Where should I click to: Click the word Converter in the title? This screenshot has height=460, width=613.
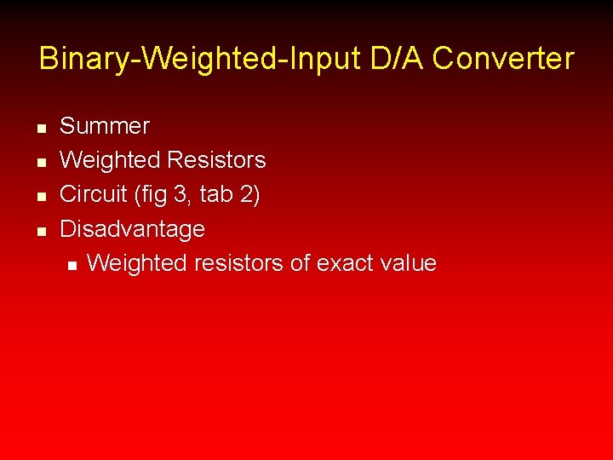pos(503,60)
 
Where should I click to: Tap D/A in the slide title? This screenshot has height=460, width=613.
pos(398,60)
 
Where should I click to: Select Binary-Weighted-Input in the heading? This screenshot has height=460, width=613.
pos(201,60)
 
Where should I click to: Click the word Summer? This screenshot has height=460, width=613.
pos(104,126)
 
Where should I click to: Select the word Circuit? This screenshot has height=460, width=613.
pos(93,194)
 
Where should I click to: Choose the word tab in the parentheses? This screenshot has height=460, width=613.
pos(218,194)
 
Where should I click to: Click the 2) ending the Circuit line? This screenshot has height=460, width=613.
pos(250,194)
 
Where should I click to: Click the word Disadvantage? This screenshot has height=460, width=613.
pos(132,229)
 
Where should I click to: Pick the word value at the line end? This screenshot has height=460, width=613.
pos(411,263)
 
